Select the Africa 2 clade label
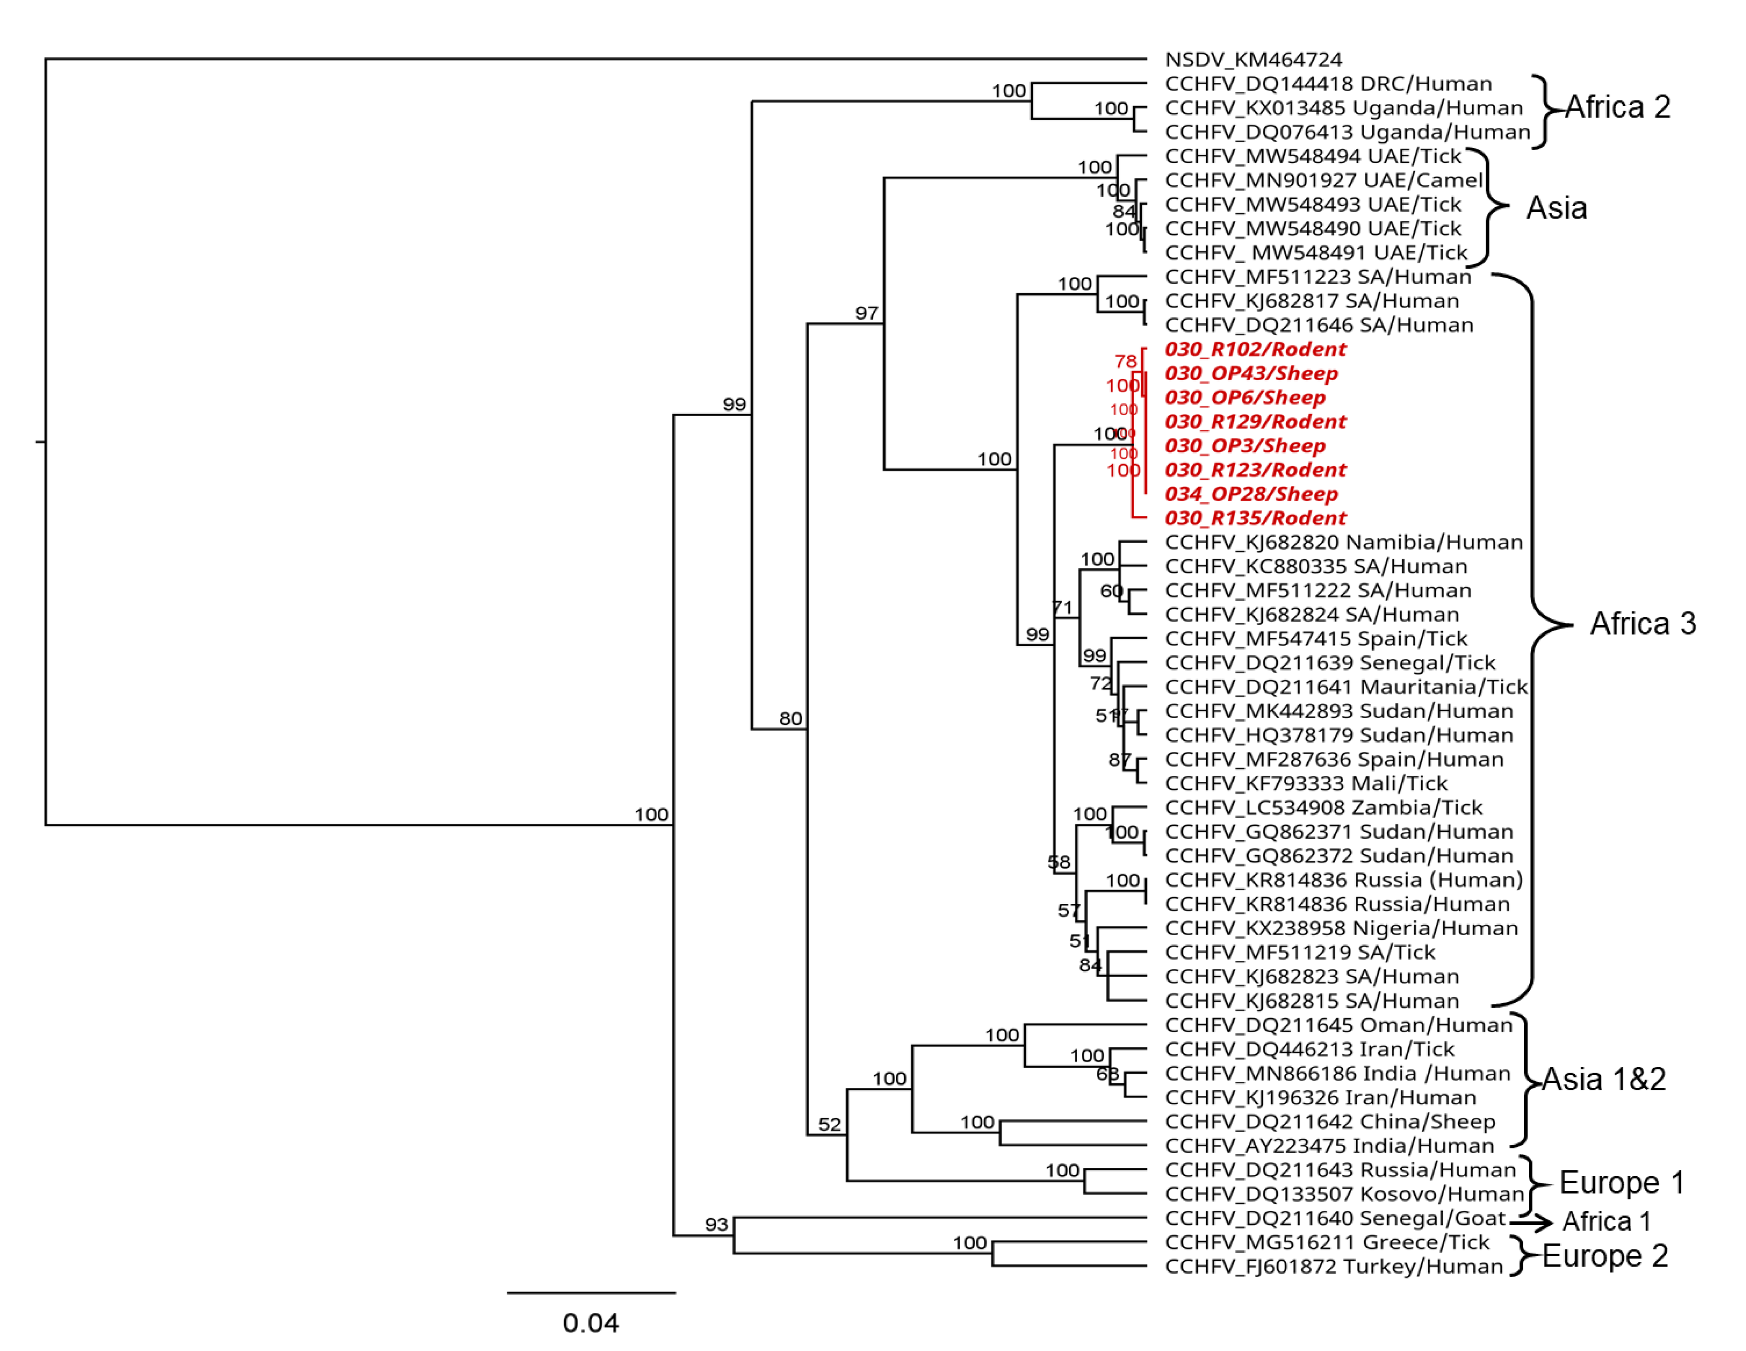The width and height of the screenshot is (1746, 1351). point(1617,107)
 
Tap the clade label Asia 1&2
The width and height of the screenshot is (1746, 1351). point(1603,1079)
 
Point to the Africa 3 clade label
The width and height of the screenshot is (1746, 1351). point(1642,623)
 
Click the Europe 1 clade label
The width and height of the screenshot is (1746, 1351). point(1621,1183)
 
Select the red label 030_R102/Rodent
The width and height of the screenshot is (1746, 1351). point(1255,349)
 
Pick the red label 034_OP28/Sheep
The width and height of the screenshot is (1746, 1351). point(1251,494)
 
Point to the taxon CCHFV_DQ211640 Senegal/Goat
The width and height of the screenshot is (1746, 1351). point(1335,1218)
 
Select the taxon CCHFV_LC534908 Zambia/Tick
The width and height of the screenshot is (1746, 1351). point(1323,807)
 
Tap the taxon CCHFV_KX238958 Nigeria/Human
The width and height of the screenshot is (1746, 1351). point(1341,928)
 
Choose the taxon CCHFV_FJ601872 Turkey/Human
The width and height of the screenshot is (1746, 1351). point(1334,1266)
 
